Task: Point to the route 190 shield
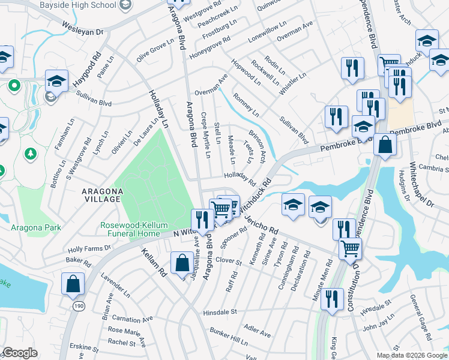tap(79, 306)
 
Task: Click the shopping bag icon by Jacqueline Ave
tap(182, 263)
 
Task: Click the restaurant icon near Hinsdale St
tap(331, 299)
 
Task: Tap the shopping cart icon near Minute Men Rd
tap(350, 248)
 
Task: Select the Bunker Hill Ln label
tap(229, 335)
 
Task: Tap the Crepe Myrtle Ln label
tap(206, 136)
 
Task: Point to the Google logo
tap(20, 353)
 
